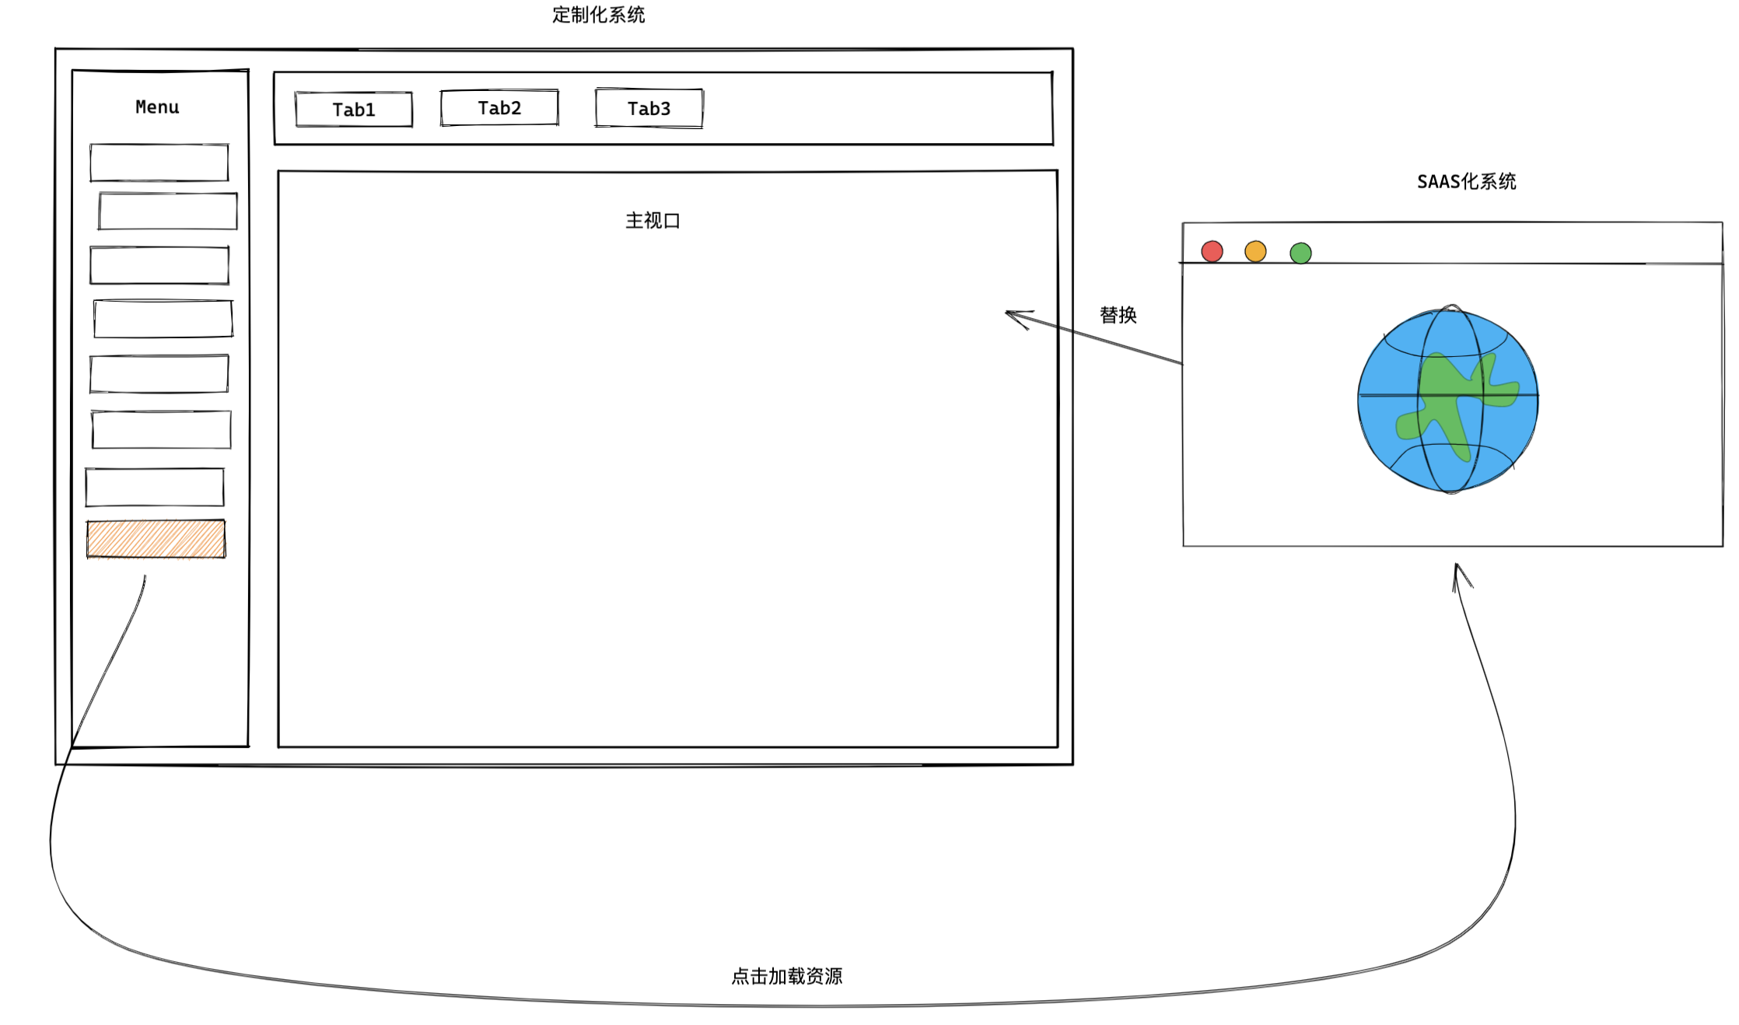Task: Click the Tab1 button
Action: tap(354, 109)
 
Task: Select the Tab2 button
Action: tap(499, 107)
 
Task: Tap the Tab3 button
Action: tap(649, 108)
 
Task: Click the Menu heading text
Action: tap(157, 107)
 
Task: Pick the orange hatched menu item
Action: tap(156, 539)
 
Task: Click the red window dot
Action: tap(1212, 251)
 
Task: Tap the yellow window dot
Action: tap(1255, 251)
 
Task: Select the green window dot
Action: tap(1300, 253)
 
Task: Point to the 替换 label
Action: tap(1118, 315)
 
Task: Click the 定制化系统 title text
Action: tap(599, 15)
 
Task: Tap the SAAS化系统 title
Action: tap(1467, 181)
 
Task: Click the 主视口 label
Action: tap(653, 221)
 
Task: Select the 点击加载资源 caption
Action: tap(787, 976)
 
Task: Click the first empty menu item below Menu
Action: tap(159, 163)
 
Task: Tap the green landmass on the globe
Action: tap(1447, 404)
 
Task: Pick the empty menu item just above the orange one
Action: tap(155, 488)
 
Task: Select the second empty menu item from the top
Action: tap(168, 212)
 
